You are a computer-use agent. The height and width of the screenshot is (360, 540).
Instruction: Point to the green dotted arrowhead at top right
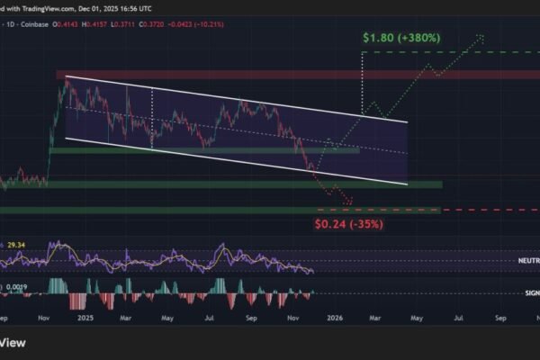click(482, 37)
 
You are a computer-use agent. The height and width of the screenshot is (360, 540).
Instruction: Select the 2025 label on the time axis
click(87, 318)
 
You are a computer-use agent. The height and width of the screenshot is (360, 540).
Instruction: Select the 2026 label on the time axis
click(335, 318)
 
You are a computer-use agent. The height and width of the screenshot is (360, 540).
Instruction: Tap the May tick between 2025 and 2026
click(167, 318)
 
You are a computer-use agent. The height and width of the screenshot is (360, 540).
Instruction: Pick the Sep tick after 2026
click(499, 318)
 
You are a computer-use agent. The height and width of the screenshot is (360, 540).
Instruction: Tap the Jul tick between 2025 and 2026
click(209, 318)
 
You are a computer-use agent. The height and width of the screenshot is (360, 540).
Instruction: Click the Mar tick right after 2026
click(374, 318)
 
